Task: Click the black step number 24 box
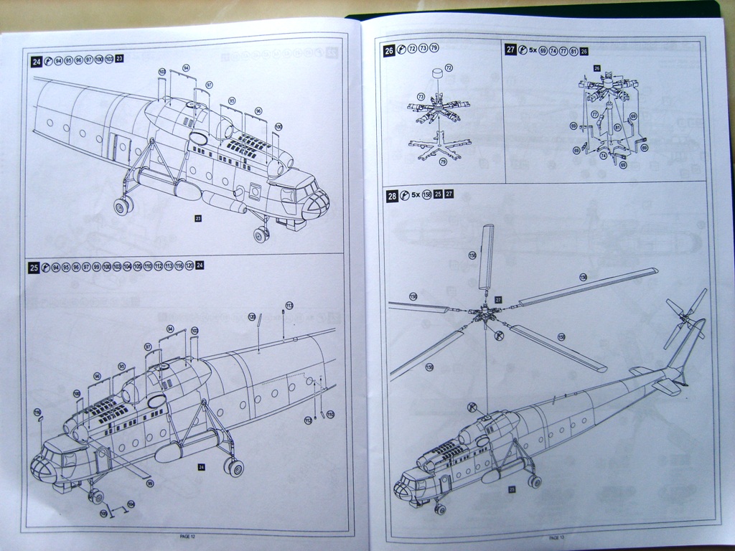[36, 62]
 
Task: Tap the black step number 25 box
[34, 267]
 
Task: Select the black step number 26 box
[389, 51]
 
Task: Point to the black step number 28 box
[393, 195]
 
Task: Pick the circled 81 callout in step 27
[617, 128]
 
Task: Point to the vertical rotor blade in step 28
[487, 256]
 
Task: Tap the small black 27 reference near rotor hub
[497, 298]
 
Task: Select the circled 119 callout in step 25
[38, 412]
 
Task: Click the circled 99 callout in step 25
[150, 483]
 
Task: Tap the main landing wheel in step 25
[233, 468]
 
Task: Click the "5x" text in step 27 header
[533, 51]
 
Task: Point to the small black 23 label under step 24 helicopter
[198, 216]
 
